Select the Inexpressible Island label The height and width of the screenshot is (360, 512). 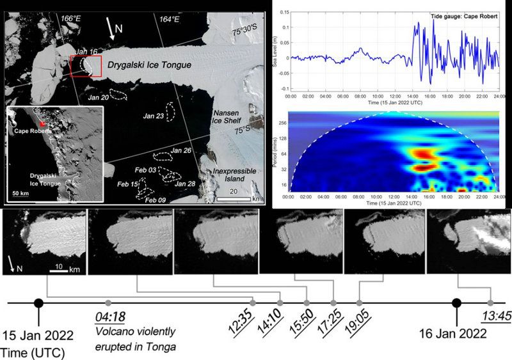(x=234, y=175)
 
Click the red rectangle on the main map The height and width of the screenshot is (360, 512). (x=86, y=65)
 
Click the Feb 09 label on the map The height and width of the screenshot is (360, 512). (x=154, y=200)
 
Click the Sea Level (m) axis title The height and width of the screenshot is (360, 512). (x=277, y=46)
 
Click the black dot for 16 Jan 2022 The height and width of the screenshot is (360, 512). (x=456, y=302)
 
